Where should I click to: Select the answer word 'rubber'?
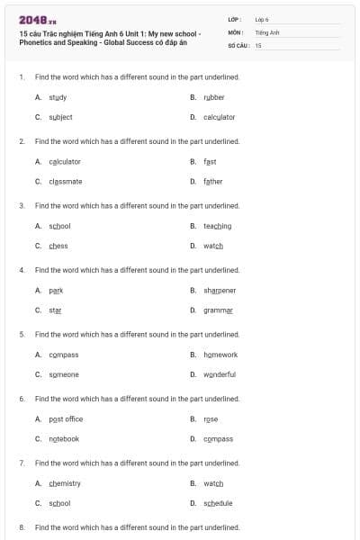[x=214, y=97]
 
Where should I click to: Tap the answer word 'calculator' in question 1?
[x=219, y=117]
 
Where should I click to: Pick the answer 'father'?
[x=213, y=181]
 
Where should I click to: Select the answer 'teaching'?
[x=218, y=226]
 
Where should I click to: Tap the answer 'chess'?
[x=58, y=246]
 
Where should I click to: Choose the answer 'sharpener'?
[x=220, y=291]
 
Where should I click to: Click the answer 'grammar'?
[x=218, y=310]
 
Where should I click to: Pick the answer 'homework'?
[x=220, y=355]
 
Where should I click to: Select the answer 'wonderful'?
[x=220, y=374]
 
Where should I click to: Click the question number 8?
[x=22, y=527]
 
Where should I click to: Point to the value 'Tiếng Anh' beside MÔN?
[x=267, y=31]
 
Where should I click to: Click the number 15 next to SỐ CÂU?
[x=258, y=44]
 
